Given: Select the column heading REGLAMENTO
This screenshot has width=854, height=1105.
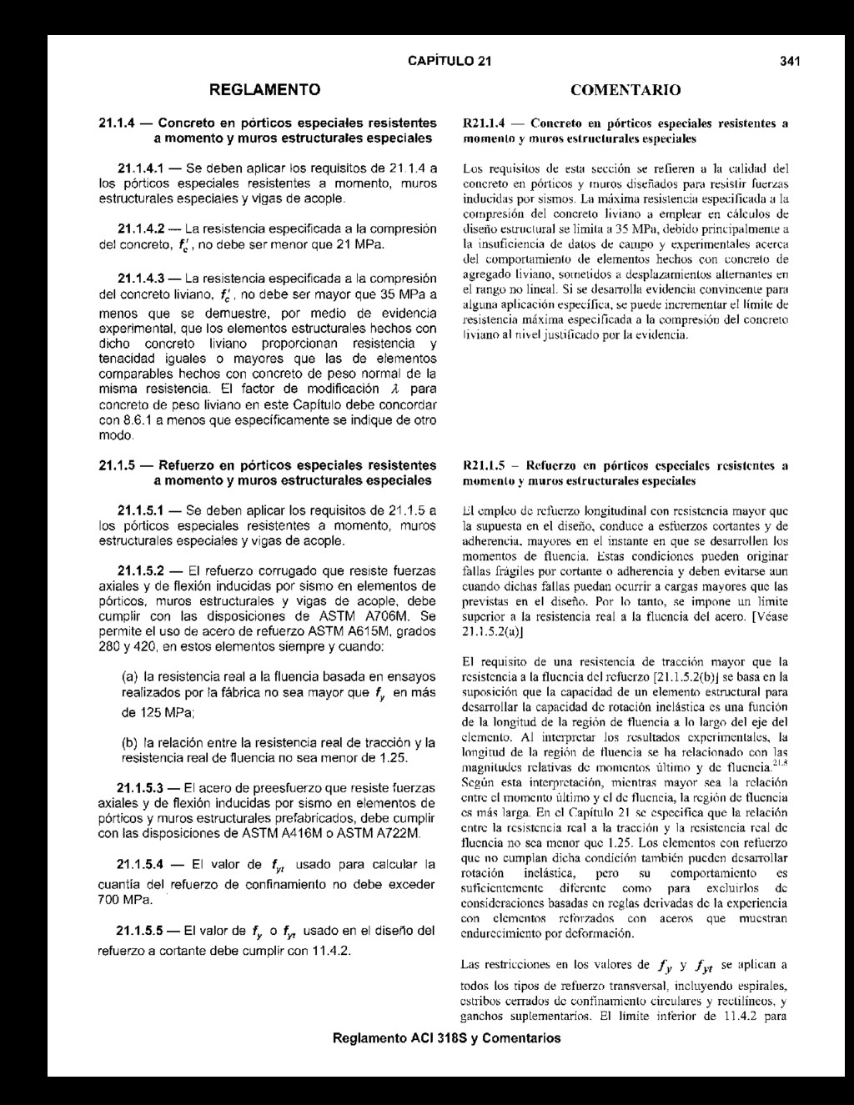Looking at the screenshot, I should tap(264, 88).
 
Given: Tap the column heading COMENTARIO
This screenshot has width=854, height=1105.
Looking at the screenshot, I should tap(625, 89).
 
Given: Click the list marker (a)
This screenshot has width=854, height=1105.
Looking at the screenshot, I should tap(130, 676).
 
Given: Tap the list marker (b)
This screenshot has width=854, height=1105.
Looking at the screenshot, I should tap(130, 742).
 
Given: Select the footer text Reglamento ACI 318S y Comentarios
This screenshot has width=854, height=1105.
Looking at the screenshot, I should tap(446, 1038).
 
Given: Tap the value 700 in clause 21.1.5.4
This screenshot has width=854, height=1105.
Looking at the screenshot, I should tap(110, 902).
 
